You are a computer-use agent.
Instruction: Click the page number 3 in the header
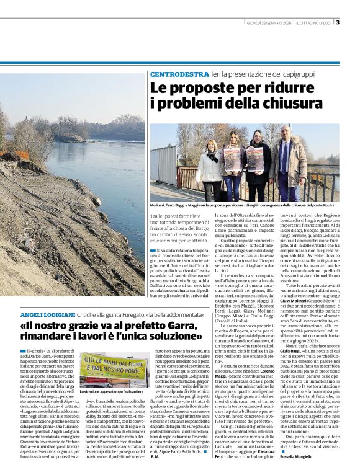coord(338,23)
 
